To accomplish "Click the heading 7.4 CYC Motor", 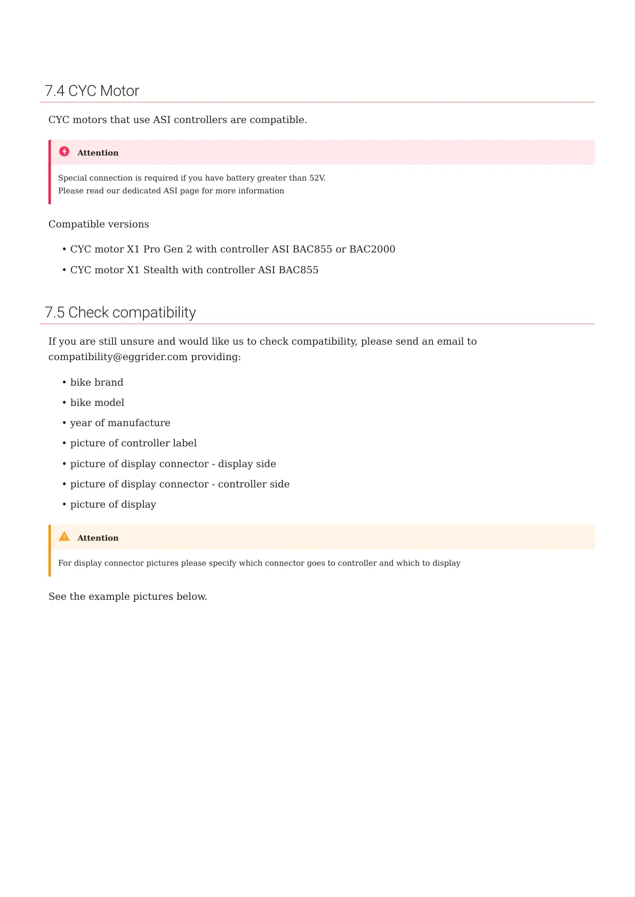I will coord(92,91).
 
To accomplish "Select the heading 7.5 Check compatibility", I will coord(120,313).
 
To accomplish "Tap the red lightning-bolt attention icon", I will coord(65,152).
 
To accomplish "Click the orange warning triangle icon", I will coord(65,537).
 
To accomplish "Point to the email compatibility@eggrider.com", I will coord(118,357).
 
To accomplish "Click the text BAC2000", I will coord(372,249).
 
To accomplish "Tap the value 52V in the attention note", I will coord(317,178).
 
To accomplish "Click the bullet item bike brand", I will coord(97,382).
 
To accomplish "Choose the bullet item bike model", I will coord(97,403).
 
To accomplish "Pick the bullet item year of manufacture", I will coord(120,423).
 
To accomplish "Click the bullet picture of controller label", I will coord(133,443).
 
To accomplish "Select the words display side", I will coord(247,464).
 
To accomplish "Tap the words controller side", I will coord(254,484).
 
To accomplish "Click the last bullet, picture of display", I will coord(113,504).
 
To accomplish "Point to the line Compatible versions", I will coord(99,224).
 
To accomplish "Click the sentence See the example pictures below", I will coord(127,597).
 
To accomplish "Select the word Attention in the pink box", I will coord(98,153).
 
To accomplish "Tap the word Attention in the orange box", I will coord(98,538).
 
